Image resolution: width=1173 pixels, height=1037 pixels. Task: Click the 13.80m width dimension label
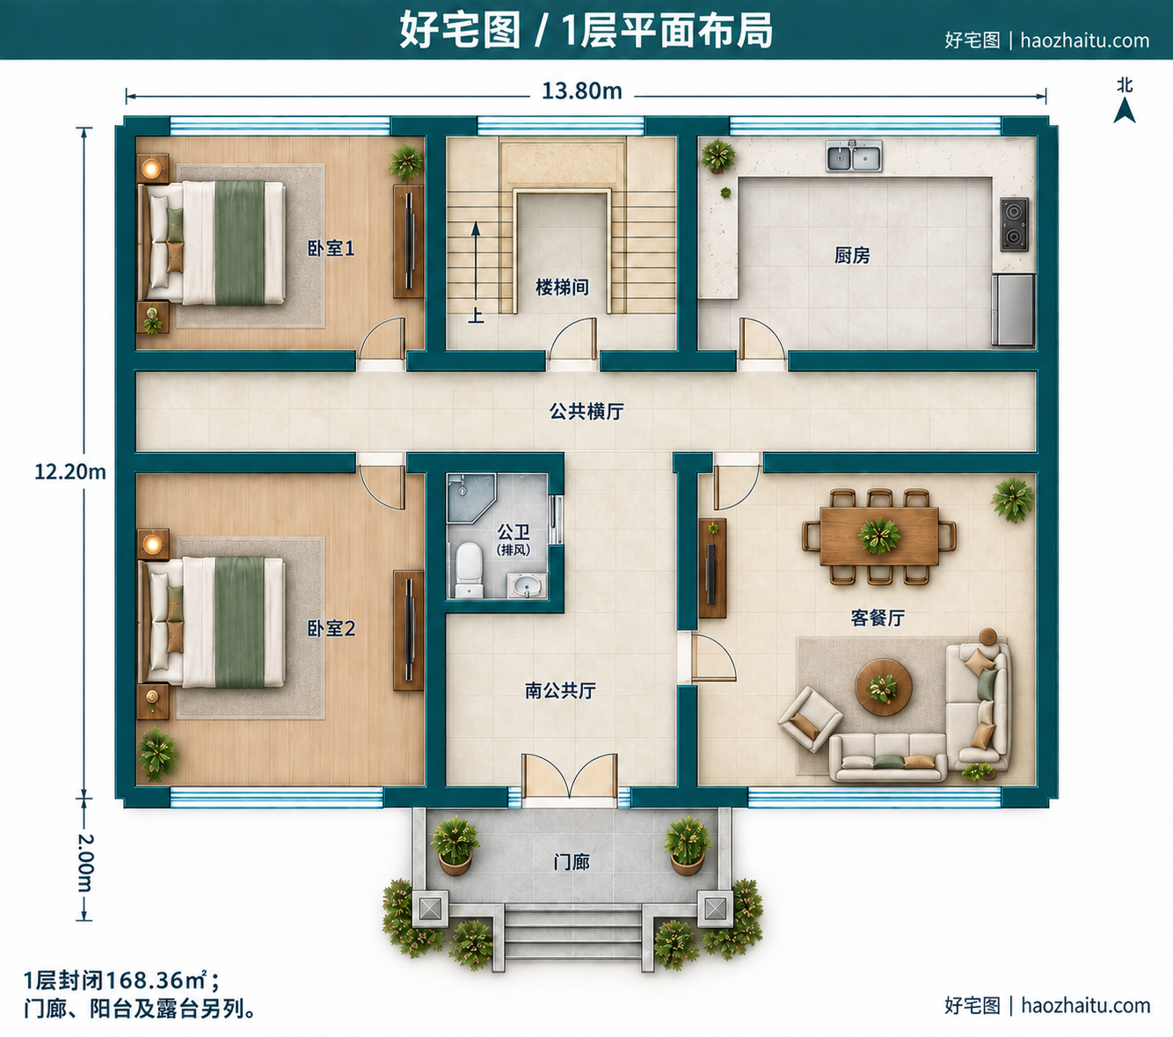point(582,91)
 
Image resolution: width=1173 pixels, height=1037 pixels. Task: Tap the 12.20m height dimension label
point(70,472)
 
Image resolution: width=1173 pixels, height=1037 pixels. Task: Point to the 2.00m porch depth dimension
point(85,863)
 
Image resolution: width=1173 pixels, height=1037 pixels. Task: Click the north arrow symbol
point(1125,110)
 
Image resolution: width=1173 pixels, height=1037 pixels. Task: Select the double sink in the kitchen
point(854,157)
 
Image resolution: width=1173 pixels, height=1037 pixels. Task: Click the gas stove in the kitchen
point(1015,225)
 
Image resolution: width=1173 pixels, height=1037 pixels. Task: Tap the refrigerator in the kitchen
point(1013,310)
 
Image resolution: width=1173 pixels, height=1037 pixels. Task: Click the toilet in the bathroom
point(469,570)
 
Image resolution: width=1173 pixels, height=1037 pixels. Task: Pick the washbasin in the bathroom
point(527,585)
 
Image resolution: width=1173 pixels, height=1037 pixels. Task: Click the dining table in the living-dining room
point(879,536)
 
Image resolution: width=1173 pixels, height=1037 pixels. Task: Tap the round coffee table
point(884,687)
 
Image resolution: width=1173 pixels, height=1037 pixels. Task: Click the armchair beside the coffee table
point(810,719)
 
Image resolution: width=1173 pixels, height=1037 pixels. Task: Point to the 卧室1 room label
point(331,249)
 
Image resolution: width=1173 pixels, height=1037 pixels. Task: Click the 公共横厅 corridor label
point(586,412)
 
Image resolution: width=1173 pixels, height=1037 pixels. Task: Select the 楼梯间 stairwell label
point(562,287)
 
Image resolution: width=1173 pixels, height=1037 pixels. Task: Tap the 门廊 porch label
point(572,862)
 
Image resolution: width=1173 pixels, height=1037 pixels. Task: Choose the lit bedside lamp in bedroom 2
point(153,544)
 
